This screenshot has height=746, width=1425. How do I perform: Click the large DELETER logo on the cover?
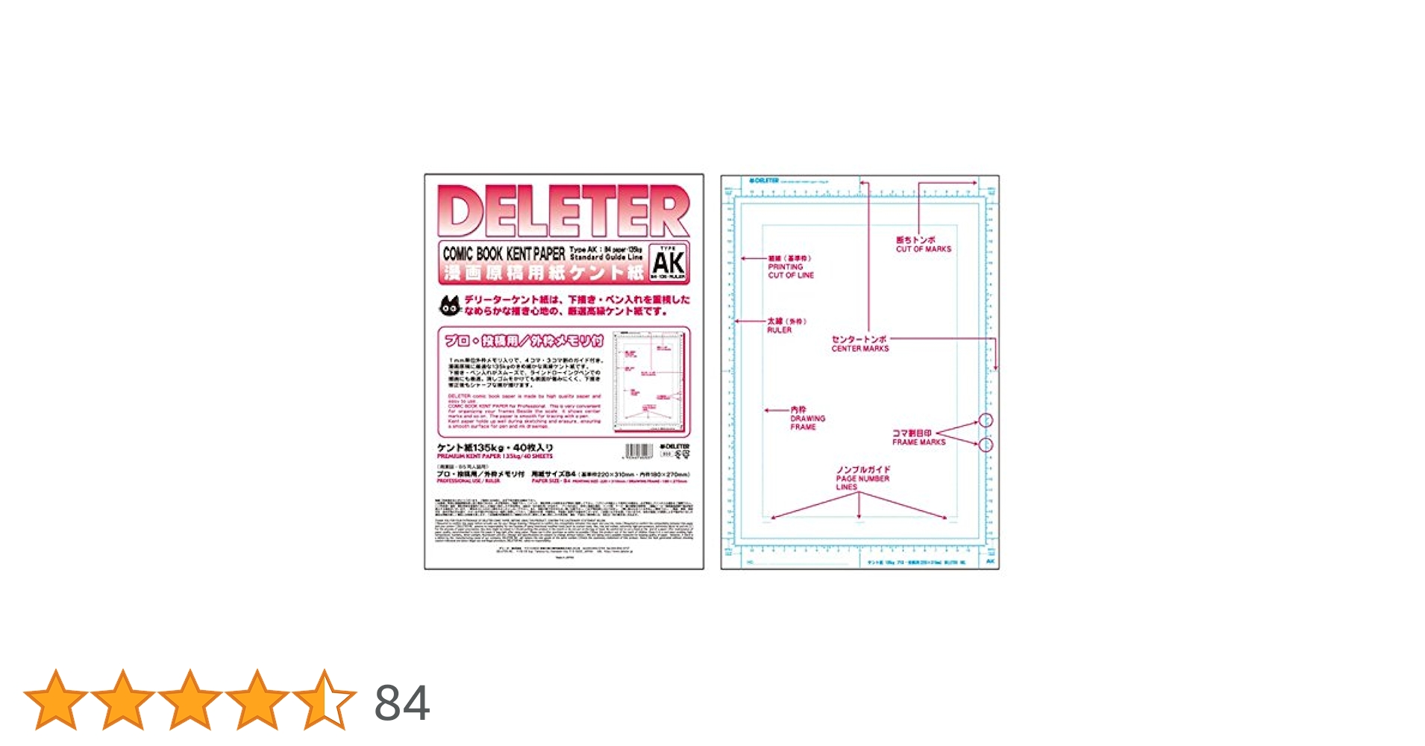tap(563, 211)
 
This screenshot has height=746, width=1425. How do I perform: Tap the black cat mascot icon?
tap(450, 305)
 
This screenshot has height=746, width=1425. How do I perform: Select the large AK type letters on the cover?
tap(668, 263)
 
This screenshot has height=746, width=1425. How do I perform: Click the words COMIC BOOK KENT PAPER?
tap(504, 254)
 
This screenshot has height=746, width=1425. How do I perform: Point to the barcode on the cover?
tap(639, 451)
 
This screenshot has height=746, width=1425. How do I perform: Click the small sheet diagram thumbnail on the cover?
tap(649, 382)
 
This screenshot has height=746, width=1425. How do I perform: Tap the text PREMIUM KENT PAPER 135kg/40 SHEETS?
tap(495, 457)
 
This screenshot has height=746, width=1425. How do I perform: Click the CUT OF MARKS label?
tap(924, 249)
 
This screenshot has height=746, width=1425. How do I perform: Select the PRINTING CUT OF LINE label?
tap(791, 271)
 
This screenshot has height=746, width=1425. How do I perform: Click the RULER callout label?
tap(780, 330)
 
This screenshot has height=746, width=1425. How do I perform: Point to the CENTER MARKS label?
tap(860, 348)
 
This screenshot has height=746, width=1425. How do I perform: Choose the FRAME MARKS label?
tap(918, 442)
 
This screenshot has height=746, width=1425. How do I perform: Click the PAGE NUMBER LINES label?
tap(862, 482)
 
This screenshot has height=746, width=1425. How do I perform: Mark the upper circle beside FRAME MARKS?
tap(986, 421)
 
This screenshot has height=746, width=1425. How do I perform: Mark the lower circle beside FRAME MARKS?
tap(986, 445)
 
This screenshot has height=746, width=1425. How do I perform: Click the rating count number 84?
tap(402, 703)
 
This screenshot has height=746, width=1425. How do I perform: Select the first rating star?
tap(56, 700)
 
